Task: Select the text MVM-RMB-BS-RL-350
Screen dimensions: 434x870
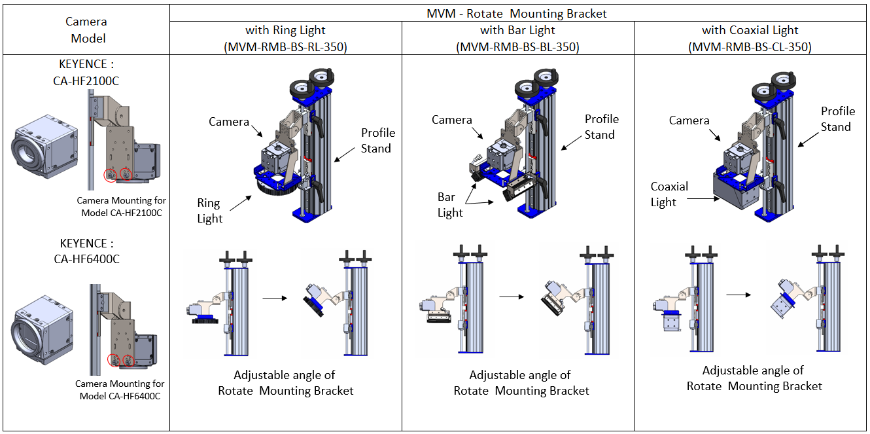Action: coord(285,46)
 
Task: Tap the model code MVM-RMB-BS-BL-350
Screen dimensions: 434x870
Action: coord(517,46)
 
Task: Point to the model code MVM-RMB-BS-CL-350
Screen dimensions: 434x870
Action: coord(750,46)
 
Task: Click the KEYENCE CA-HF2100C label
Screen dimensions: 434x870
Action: coord(87,72)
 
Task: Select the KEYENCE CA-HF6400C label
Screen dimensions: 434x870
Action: coord(87,251)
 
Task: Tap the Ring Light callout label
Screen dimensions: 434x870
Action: coord(209,211)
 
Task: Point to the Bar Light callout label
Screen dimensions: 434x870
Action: coord(450,204)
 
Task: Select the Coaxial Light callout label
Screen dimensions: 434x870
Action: coord(669,194)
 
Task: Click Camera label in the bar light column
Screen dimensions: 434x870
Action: coord(451,120)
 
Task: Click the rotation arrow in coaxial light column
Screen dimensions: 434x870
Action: coord(738,295)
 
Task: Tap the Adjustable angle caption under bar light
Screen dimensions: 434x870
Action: coord(521,383)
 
